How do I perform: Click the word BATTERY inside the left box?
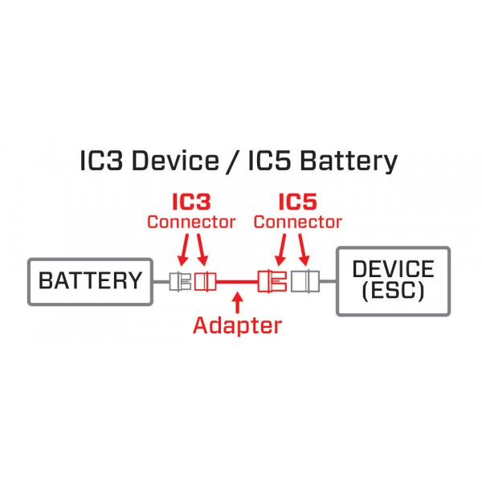point(90,280)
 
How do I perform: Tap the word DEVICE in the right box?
point(393,268)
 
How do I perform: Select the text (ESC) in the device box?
point(393,291)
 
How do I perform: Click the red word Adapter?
point(237,325)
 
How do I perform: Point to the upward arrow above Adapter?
point(237,303)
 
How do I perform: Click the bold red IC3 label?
point(191,202)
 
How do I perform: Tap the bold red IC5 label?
point(297,202)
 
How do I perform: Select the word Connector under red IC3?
point(191,222)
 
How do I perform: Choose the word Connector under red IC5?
point(297,222)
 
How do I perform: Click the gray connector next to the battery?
point(180,282)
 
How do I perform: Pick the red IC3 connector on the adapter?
point(205,282)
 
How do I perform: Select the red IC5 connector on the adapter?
point(272,281)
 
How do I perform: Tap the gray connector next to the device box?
point(305,281)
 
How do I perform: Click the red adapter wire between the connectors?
point(237,281)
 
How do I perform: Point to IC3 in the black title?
point(101,161)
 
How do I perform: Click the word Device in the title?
point(175,161)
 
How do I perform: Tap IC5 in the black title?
point(269,161)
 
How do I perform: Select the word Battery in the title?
point(349,162)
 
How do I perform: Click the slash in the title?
point(234,161)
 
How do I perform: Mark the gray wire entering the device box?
point(329,281)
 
